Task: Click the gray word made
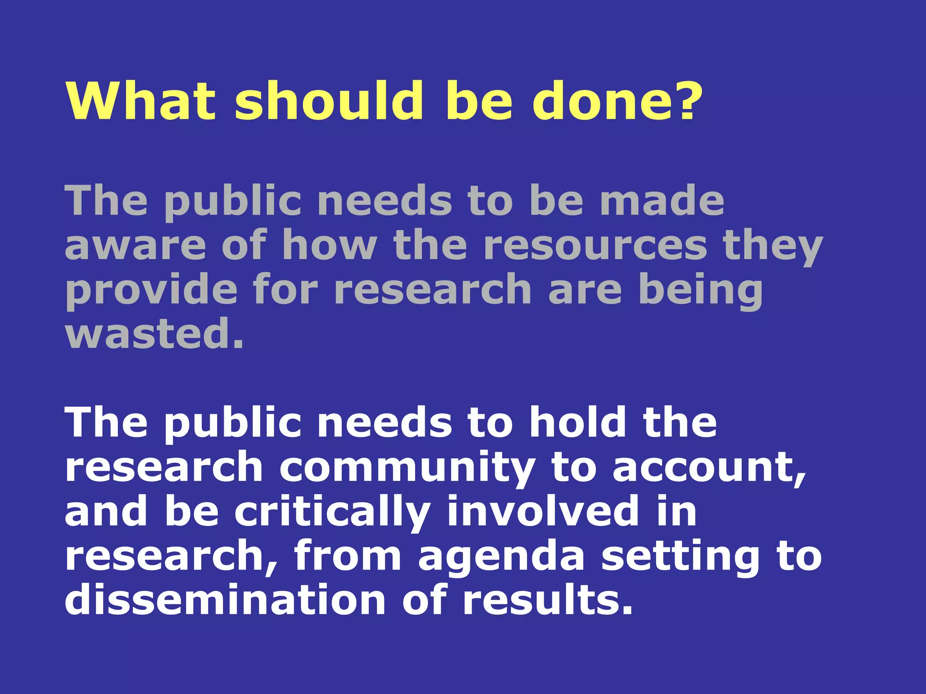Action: tap(662, 201)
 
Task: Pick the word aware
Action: tap(135, 245)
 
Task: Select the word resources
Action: tap(595, 245)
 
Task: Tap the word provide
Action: tap(151, 290)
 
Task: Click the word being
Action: tap(701, 290)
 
